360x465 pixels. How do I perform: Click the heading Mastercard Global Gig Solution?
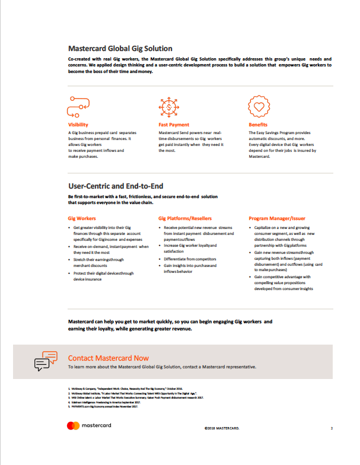(x=120, y=49)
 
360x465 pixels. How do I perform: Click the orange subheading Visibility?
(x=78, y=125)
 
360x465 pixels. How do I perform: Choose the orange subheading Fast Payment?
(x=174, y=125)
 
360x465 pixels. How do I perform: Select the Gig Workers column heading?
(x=82, y=218)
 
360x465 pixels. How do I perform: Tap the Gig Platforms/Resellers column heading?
(x=185, y=218)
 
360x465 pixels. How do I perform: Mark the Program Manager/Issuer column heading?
(x=277, y=218)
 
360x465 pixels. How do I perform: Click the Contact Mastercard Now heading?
(x=109, y=358)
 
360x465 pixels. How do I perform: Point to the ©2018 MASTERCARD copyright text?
(x=221, y=428)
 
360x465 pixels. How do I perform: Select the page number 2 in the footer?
(x=332, y=428)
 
